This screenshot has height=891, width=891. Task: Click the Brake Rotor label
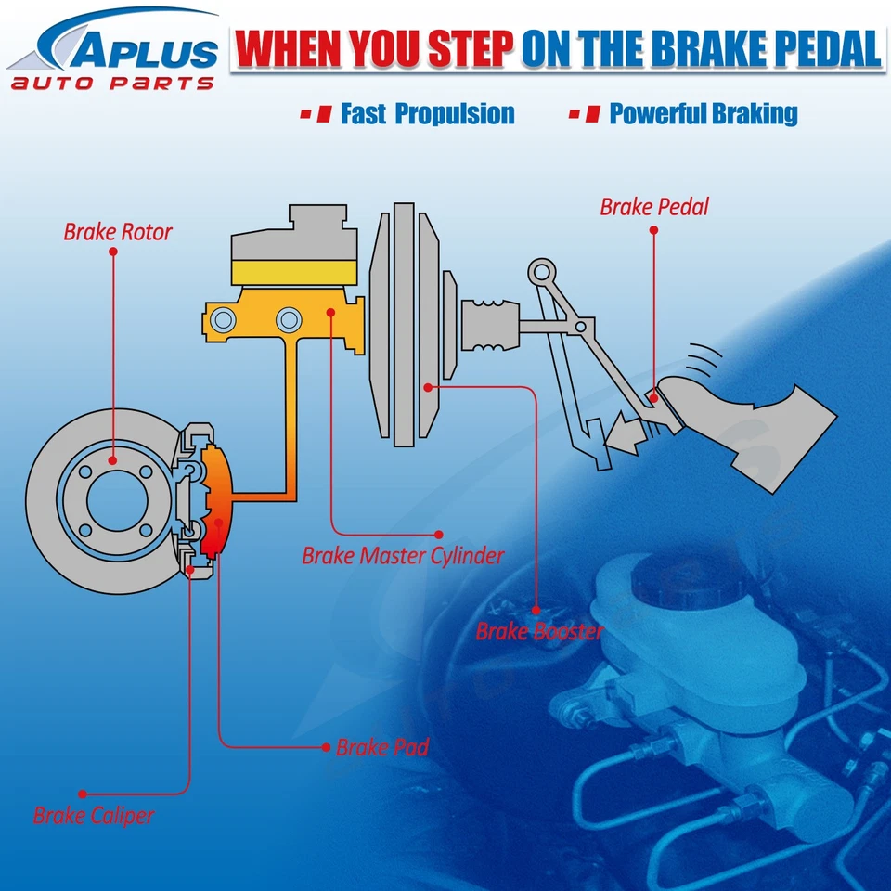[x=118, y=231]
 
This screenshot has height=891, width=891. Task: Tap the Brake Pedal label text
[x=653, y=206]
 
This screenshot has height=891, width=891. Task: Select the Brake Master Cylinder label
[x=403, y=556]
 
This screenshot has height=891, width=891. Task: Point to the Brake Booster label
[x=539, y=632]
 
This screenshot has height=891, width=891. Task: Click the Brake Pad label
[x=382, y=747]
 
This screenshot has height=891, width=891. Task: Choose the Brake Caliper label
[x=94, y=816]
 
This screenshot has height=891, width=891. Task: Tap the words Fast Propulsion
[x=427, y=114]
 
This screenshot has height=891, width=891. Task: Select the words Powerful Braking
[x=703, y=114]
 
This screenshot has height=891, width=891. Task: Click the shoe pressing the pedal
[x=742, y=418]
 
